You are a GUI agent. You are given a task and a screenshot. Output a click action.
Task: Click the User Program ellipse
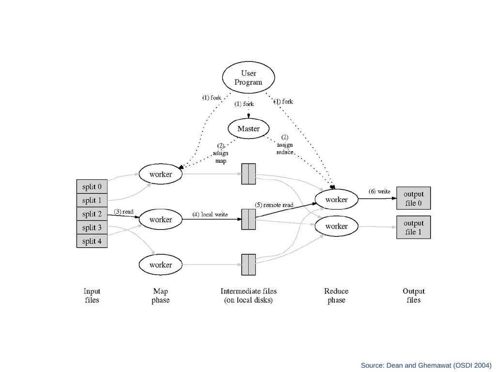coord(248,77)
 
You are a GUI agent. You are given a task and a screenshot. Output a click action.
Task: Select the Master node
coord(248,129)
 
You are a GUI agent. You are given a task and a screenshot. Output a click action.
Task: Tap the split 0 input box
coord(92,186)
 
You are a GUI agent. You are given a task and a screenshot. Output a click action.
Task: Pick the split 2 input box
coord(92,214)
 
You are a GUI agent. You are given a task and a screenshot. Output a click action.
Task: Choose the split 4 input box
coord(92,241)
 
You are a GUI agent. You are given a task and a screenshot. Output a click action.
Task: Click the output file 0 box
coord(414,198)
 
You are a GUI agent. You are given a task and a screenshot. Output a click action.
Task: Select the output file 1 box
coord(414,228)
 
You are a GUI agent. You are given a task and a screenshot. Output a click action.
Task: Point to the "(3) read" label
coord(124,211)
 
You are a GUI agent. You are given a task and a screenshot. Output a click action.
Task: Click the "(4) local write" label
coord(210,215)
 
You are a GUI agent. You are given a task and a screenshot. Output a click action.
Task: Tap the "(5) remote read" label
coord(274,205)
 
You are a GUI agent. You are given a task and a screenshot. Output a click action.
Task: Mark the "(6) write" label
coord(380,191)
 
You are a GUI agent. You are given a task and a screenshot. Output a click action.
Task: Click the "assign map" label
coord(220,157)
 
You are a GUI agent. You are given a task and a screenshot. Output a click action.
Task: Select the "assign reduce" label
coord(285,148)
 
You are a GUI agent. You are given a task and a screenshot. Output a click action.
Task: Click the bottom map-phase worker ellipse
coord(161,265)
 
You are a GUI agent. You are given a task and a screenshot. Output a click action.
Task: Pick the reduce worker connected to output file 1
coord(337,226)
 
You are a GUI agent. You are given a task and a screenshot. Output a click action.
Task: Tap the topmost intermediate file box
coord(248,174)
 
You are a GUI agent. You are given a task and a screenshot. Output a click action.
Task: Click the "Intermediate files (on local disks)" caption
coord(248,295)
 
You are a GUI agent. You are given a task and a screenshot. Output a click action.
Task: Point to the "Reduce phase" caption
coord(336,295)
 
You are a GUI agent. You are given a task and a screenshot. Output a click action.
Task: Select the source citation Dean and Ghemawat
coord(426,365)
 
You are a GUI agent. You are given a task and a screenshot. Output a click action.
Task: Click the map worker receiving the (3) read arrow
coord(161,219)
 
